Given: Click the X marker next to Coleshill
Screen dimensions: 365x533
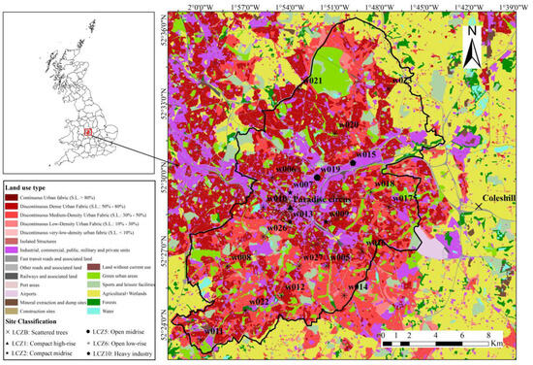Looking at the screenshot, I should click(x=479, y=206).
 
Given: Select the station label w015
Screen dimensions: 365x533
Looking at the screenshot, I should click(x=364, y=154).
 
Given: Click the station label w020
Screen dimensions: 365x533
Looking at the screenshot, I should click(x=347, y=124).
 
